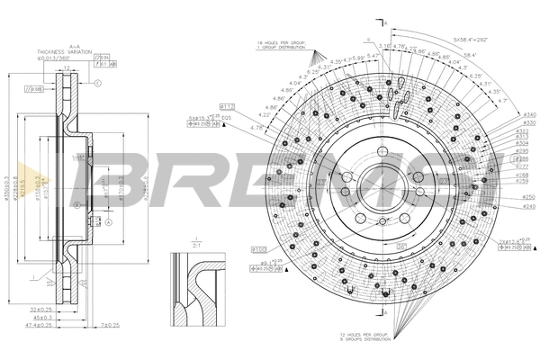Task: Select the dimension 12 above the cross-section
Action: pyautogui.click(x=67, y=67)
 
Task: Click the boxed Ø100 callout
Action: pyautogui.click(x=260, y=247)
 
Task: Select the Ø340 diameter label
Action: pyautogui.click(x=527, y=116)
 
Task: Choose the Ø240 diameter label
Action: pyautogui.click(x=527, y=206)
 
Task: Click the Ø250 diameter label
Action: pyautogui.click(x=527, y=196)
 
